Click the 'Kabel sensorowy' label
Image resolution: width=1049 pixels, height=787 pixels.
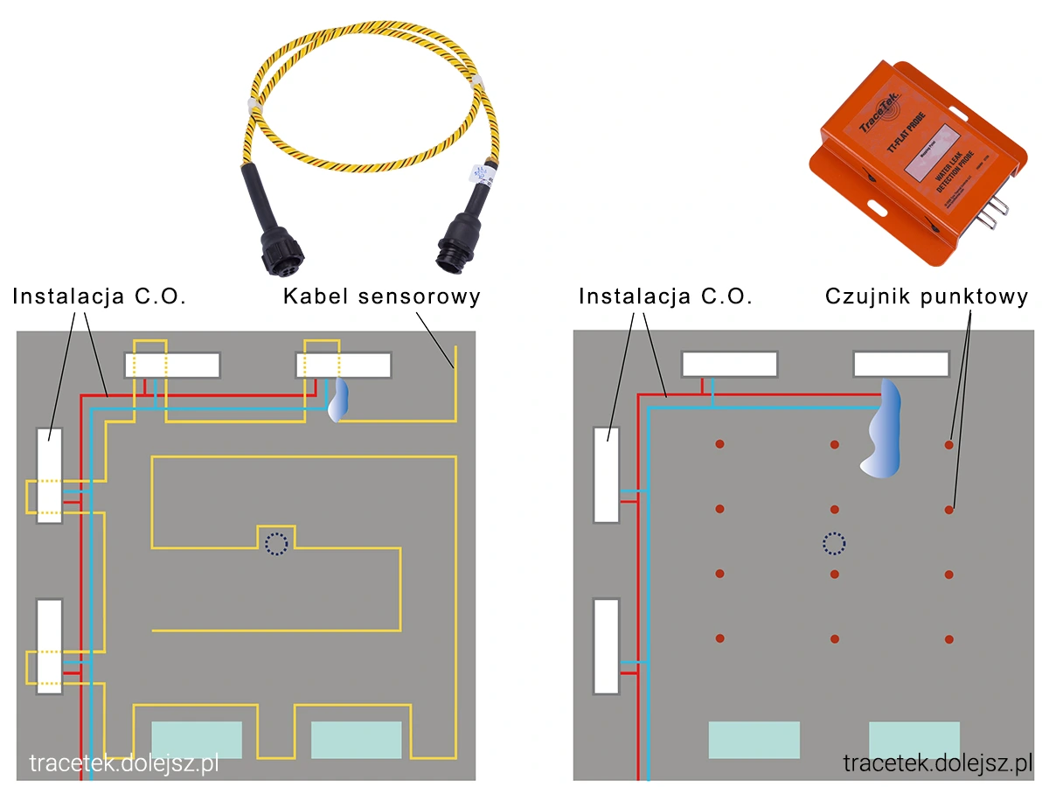(x=382, y=296)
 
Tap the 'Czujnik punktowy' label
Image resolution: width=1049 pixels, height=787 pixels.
(x=927, y=296)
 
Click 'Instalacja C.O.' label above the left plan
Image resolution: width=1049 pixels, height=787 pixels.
(x=100, y=296)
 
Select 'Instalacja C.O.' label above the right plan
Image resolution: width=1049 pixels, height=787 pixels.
(x=665, y=296)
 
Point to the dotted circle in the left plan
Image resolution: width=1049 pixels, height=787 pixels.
(x=276, y=544)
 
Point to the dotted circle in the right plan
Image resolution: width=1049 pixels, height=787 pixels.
(x=834, y=544)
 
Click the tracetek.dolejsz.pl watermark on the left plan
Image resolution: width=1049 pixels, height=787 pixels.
(x=123, y=763)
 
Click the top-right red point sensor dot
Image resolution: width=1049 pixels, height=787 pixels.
(x=949, y=445)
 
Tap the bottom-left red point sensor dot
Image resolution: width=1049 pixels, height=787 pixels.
(x=720, y=639)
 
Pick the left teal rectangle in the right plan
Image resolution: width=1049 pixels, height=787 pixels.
(x=754, y=740)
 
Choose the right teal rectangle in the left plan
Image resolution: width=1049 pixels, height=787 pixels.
(x=357, y=740)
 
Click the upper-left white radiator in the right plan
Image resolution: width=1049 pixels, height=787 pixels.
(x=606, y=475)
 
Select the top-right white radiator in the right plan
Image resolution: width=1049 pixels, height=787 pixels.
(x=901, y=364)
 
